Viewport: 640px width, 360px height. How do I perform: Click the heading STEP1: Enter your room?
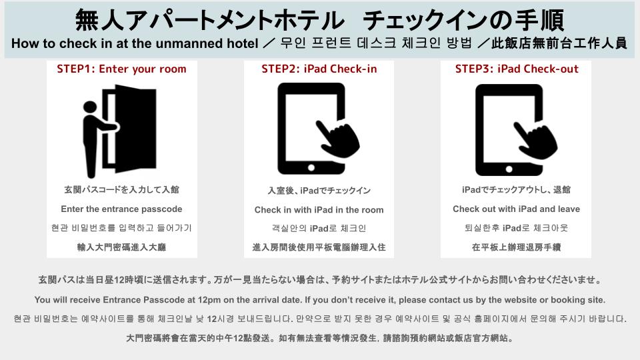[x=121, y=69]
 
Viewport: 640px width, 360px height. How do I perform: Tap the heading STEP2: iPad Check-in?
[x=319, y=69]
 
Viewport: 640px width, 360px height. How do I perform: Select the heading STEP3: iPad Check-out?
[x=517, y=69]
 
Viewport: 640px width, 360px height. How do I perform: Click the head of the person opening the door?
[x=90, y=107]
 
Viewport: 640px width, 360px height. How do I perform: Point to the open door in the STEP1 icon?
[x=135, y=128]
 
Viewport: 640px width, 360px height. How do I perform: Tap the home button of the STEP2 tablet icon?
[x=311, y=167]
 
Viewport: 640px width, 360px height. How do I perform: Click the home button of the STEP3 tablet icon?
[x=509, y=169]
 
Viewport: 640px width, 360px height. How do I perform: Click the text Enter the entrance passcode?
[x=121, y=209]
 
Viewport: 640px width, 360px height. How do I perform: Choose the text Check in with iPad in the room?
[x=319, y=210]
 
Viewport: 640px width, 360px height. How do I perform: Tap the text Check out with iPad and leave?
[x=516, y=209]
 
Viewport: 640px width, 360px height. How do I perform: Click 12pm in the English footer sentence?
[x=209, y=300]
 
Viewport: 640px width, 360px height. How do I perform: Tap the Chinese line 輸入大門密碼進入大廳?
[x=121, y=247]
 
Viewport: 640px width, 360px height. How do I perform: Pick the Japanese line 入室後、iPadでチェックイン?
[x=319, y=191]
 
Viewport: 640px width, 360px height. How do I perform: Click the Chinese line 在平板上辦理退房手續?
[x=516, y=247]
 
